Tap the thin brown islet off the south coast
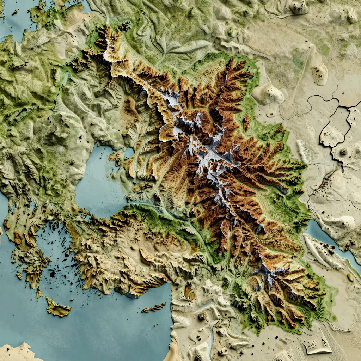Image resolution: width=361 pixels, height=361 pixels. (154, 308)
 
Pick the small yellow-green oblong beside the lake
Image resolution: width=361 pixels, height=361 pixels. (350, 277)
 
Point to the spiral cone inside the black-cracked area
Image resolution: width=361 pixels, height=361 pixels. (344, 151)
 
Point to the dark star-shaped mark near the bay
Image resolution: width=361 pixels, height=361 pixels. (72, 161)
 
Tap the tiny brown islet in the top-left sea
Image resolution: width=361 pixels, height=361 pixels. (15, 13)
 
